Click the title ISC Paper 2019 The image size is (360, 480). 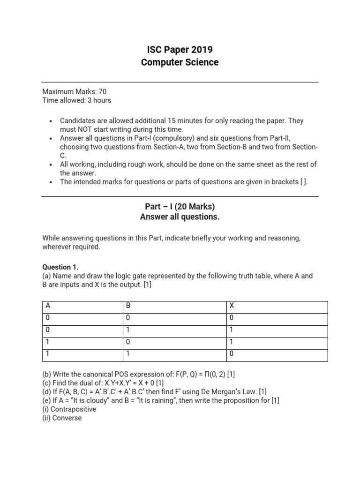(180, 50)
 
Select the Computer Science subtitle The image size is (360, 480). (180, 62)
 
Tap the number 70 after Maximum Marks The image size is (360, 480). (102, 92)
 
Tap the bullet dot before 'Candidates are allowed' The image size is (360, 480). (50, 121)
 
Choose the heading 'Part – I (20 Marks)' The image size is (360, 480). (180, 207)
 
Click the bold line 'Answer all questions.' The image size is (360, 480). (180, 217)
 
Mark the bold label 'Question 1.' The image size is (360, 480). (60, 267)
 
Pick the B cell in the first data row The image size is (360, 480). (128, 318)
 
